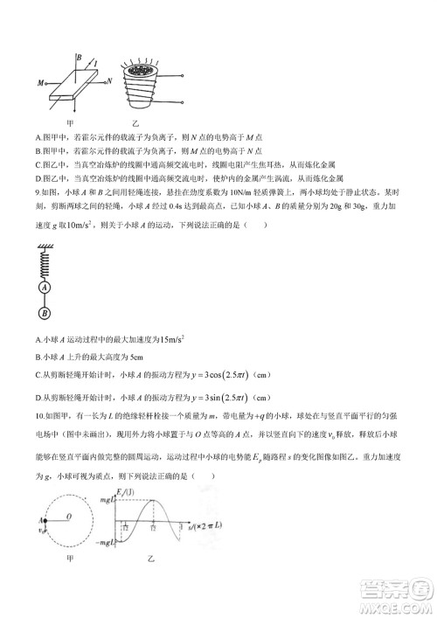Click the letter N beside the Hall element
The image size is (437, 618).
pos(109,80)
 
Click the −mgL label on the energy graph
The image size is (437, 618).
pos(114,543)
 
